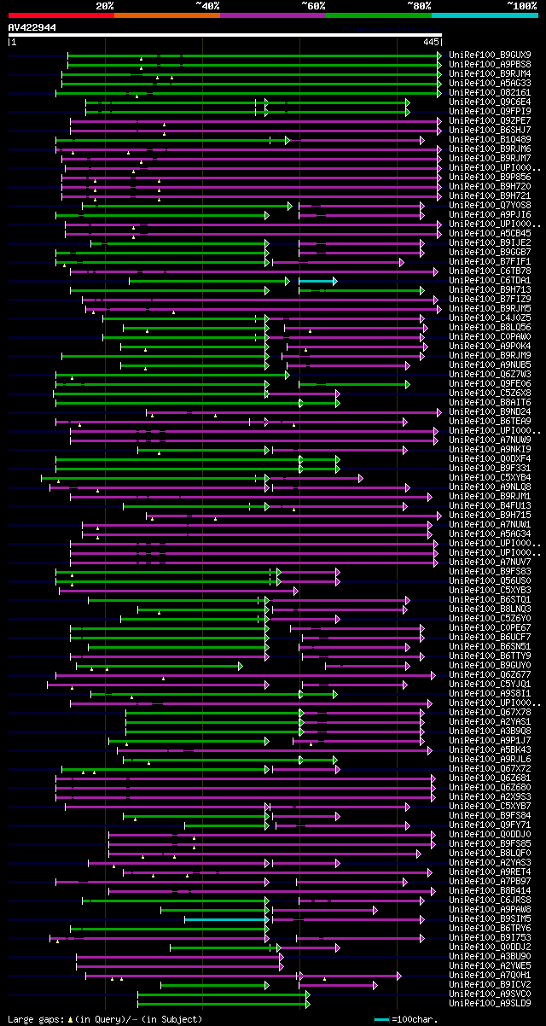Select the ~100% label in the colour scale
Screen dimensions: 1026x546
click(x=522, y=6)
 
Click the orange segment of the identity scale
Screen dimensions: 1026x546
click(x=166, y=15)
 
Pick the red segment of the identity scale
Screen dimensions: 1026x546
click(x=61, y=15)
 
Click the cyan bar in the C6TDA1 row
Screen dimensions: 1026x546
click(x=317, y=281)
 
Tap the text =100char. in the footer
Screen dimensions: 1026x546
click(x=415, y=1019)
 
